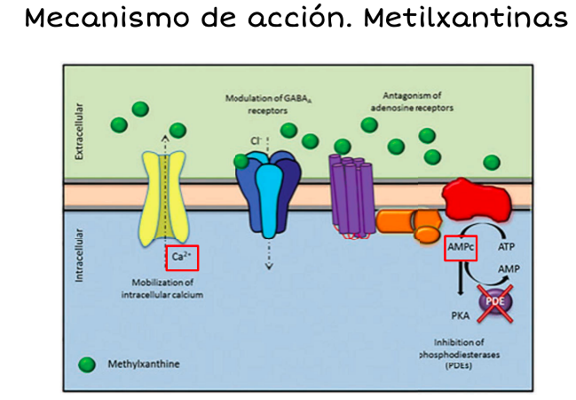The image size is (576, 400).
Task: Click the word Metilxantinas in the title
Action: [466, 17]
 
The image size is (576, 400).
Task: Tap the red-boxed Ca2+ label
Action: [182, 258]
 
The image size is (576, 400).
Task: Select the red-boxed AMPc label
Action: [461, 248]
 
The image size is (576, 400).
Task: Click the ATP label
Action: [506, 246]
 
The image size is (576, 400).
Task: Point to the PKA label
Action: [461, 316]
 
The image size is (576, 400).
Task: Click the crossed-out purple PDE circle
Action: [495, 302]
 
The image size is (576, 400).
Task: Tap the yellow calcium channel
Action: [165, 198]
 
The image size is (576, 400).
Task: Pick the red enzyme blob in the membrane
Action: [477, 199]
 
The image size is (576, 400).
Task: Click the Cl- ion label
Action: [256, 141]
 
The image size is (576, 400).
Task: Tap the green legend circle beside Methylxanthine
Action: [87, 364]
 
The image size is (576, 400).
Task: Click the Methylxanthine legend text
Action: [144, 364]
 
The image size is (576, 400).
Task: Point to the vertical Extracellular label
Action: [79, 132]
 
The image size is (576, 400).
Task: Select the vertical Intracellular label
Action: [79, 255]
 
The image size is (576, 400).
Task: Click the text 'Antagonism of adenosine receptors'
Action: [412, 101]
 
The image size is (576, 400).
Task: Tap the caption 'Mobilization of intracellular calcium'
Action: [162, 289]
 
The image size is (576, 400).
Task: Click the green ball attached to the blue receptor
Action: [241, 161]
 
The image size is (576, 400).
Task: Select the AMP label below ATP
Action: [509, 269]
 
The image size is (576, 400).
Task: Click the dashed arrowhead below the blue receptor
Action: [269, 266]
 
